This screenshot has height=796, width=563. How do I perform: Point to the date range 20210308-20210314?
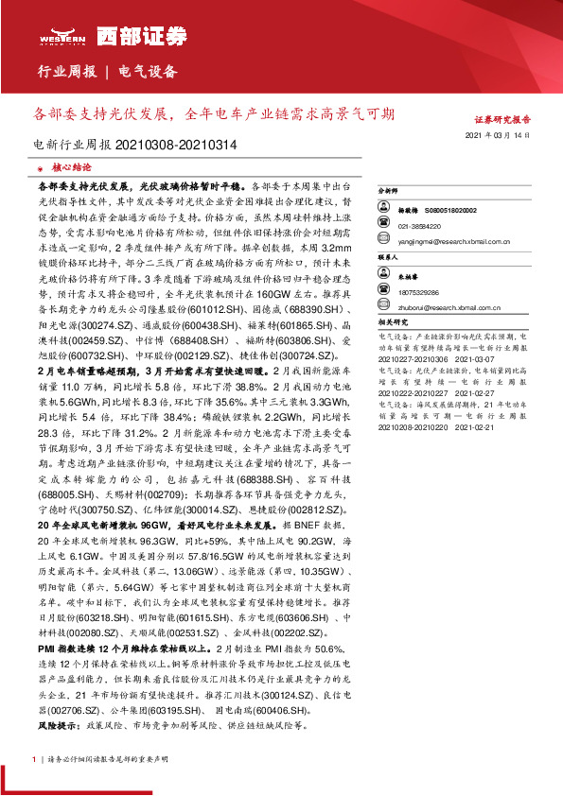click(x=176, y=146)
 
